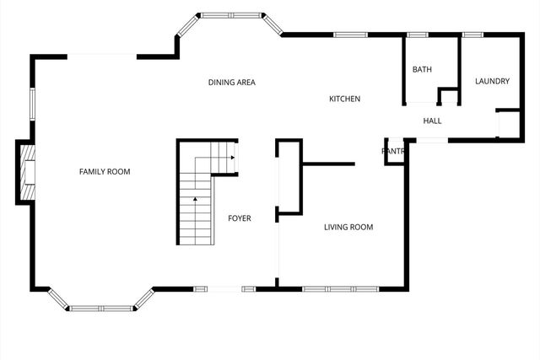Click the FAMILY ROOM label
click(105, 172)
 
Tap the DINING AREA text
click(232, 83)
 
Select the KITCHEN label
click(344, 99)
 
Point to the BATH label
click(422, 69)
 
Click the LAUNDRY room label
click(492, 82)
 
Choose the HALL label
click(433, 121)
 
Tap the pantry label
click(394, 152)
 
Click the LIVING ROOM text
click(348, 227)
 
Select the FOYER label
click(240, 218)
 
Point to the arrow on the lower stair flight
click(195, 199)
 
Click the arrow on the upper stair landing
click(232, 156)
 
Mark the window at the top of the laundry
click(472, 35)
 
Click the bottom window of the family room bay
click(101, 309)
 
